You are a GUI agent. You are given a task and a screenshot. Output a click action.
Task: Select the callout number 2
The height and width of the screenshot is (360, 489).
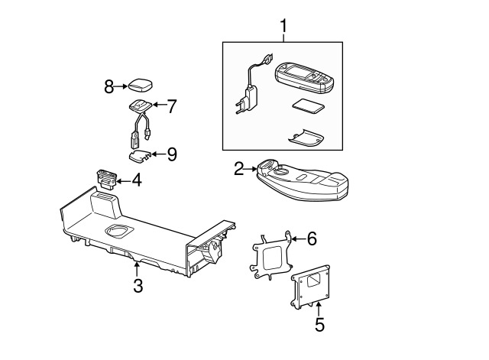pos(239,168)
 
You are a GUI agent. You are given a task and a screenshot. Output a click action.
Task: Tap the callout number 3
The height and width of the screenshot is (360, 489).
pos(138,286)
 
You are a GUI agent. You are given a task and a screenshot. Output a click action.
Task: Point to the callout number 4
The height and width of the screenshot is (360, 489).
pos(136,181)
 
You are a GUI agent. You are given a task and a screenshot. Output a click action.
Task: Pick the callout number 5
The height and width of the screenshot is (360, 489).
pos(319,324)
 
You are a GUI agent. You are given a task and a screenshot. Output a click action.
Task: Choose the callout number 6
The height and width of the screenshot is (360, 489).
pos(311,238)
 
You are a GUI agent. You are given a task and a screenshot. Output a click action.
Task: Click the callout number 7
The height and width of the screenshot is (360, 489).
pos(171,106)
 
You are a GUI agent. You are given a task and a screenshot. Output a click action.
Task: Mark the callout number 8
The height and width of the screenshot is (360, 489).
pos(108,86)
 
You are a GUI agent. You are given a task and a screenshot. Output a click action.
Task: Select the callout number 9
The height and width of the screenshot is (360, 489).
pos(171,154)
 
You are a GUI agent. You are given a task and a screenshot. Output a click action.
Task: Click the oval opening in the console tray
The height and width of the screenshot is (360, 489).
pos(119,231)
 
